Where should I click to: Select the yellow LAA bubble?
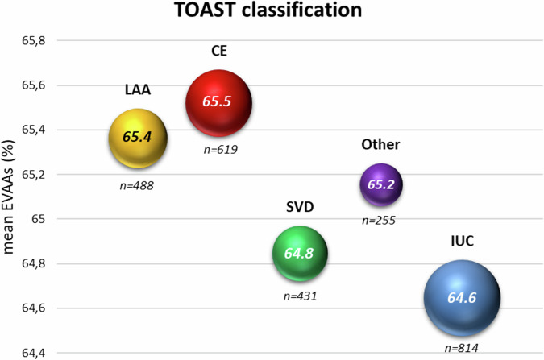coord(137,138)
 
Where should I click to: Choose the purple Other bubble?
coord(381,184)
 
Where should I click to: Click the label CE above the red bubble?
coord(218,52)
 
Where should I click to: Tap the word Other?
coord(381,145)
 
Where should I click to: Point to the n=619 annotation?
coord(219,150)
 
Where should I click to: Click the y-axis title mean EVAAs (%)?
coord(12,197)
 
